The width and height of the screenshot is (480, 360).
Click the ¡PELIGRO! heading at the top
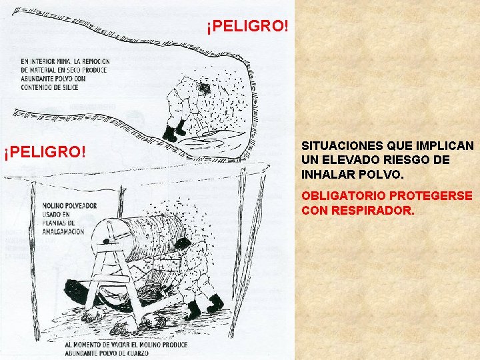pos(247,27)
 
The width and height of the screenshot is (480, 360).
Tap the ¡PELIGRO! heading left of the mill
pos(45,153)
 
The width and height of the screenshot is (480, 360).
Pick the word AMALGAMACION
pos(62,231)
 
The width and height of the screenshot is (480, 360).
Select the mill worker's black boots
pos(204,306)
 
